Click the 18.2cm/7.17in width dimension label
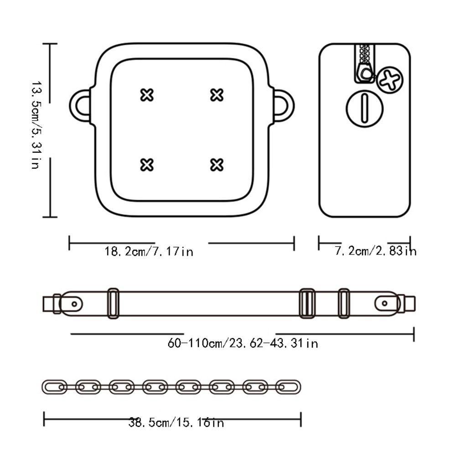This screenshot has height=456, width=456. click(x=149, y=251)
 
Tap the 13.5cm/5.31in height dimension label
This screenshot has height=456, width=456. click(x=35, y=125)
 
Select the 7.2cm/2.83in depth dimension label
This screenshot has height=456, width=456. click(x=376, y=251)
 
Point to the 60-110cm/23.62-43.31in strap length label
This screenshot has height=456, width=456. click(x=243, y=343)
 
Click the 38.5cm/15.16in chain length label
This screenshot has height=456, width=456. click(x=176, y=422)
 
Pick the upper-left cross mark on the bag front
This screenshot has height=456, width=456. click(x=147, y=95)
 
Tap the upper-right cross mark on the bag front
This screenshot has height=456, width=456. click(x=217, y=95)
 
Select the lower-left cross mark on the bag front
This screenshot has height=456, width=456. click(x=147, y=165)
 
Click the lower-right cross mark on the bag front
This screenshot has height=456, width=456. click(x=217, y=165)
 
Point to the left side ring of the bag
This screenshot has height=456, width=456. click(x=73, y=105)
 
